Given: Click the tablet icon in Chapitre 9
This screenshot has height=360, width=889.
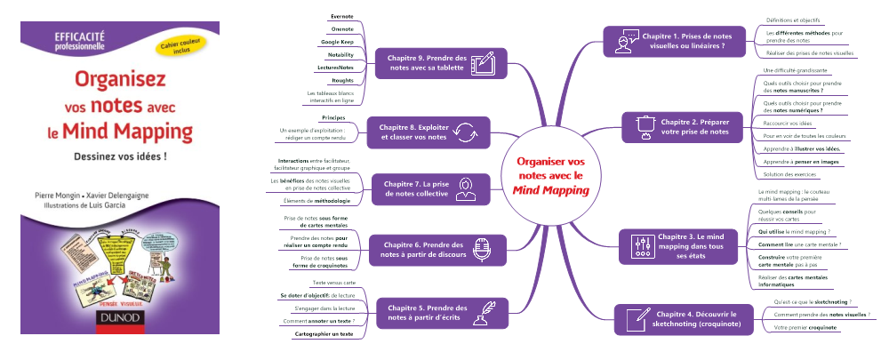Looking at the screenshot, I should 482,63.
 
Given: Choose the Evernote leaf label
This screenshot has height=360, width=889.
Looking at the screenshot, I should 340,15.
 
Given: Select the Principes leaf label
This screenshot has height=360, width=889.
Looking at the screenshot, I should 332,116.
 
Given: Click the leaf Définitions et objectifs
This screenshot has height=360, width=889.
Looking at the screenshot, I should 793,18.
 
